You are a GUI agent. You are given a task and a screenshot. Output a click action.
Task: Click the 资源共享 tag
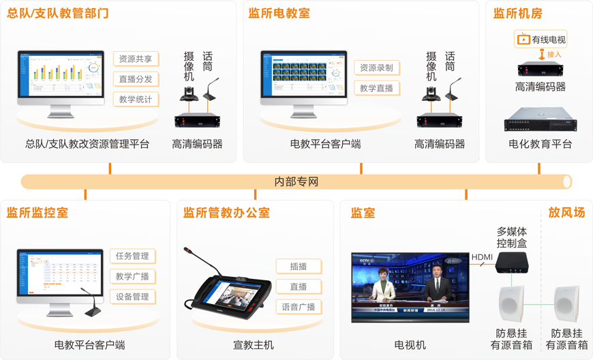pos(136,59)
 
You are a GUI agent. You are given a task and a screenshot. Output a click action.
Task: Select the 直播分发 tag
pos(136,79)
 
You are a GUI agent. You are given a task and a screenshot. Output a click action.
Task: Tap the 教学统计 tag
pos(136,100)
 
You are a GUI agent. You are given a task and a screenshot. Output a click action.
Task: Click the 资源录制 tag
pos(376,67)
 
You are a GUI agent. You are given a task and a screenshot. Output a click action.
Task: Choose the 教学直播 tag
pos(376,88)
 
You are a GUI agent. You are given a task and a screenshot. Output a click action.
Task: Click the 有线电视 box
pos(541,40)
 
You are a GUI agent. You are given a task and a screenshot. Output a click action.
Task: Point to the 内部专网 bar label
pos(296,182)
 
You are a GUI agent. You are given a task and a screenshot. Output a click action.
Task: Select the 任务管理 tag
pos(132,256)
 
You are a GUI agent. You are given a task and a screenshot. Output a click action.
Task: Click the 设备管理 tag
pos(132,297)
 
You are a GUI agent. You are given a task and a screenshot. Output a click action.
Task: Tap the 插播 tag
pos(299,266)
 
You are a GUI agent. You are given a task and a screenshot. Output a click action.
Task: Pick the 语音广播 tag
pos(299,307)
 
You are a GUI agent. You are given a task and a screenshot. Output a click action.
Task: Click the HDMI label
pos(482,257)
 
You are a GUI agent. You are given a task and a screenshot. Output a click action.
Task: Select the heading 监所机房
pos(518,14)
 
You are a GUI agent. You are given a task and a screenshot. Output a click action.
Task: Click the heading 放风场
pos(566,213)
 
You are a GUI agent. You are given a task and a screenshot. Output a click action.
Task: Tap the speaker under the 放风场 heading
pos(567,304)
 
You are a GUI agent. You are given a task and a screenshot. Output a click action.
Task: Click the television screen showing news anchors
pos(410,287)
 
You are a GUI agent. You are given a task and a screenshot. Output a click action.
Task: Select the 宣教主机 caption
pos(254,345)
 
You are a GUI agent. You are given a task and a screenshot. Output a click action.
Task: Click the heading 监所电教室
pos(279,14)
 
